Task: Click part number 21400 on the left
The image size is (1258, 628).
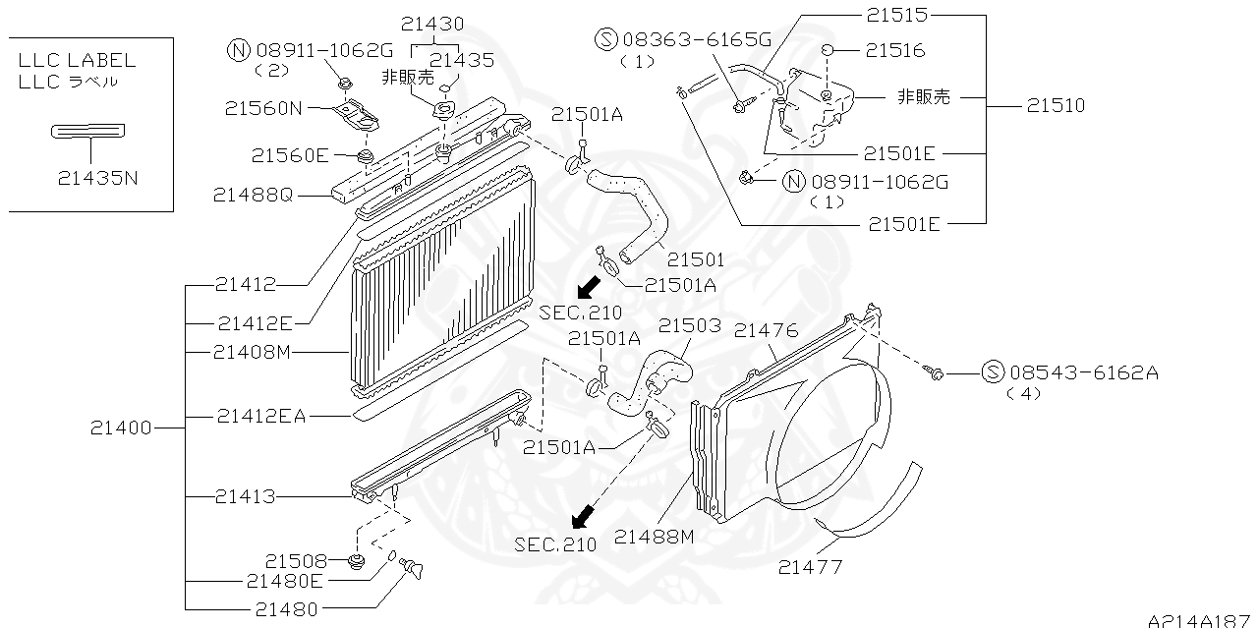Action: click(x=121, y=428)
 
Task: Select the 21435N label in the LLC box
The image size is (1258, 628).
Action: click(x=96, y=178)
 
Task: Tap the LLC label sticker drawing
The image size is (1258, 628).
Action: click(x=88, y=131)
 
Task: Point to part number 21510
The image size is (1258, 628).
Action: click(x=1057, y=105)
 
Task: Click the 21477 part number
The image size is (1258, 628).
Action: click(x=810, y=567)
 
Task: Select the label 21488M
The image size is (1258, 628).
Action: click(x=654, y=536)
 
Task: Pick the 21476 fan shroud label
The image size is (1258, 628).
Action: click(x=767, y=331)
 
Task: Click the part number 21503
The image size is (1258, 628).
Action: click(x=690, y=325)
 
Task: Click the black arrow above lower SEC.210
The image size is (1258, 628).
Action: click(x=584, y=515)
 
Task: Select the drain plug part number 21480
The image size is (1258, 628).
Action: click(x=286, y=609)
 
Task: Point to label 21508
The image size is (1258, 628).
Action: click(x=295, y=560)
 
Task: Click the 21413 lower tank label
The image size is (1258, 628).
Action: click(x=246, y=497)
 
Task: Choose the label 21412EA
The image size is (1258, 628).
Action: click(x=261, y=417)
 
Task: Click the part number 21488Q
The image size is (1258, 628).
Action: click(x=253, y=196)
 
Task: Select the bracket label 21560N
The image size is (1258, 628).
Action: click(x=263, y=109)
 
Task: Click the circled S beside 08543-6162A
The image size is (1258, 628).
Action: click(x=993, y=372)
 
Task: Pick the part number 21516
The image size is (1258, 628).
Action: click(x=895, y=51)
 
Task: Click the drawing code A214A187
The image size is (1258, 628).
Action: click(x=1198, y=619)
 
